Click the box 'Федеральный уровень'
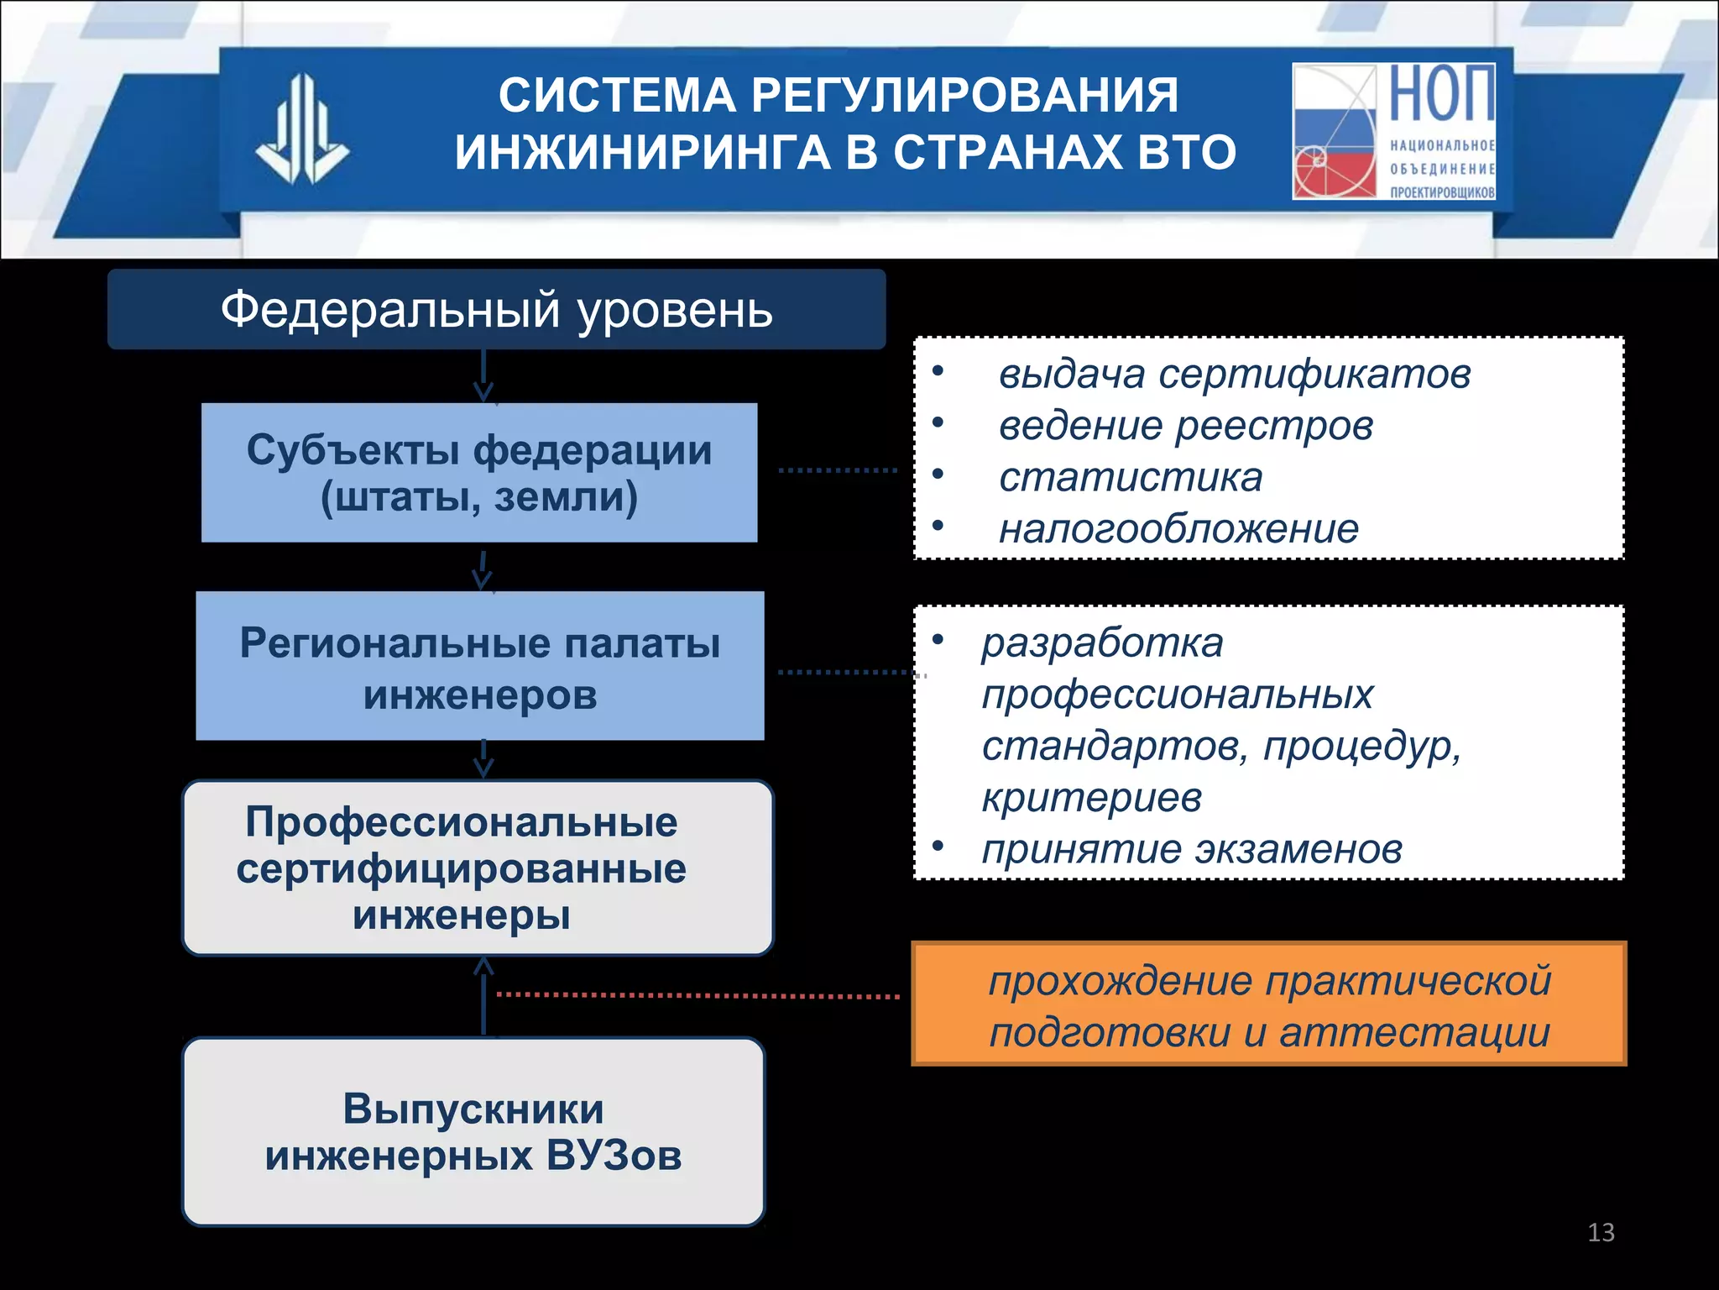[x=496, y=309]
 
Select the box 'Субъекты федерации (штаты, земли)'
[x=479, y=473]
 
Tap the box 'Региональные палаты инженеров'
[x=479, y=666]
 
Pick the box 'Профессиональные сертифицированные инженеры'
[x=478, y=868]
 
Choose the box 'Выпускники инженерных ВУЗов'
[x=473, y=1131]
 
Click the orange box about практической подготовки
[x=1268, y=1004]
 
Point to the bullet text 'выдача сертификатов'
[x=1234, y=374]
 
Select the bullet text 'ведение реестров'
[x=1185, y=426]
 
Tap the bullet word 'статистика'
[x=1130, y=477]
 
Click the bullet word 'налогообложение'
[x=1178, y=529]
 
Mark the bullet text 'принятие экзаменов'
[x=1192, y=849]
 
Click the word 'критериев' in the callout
[x=1091, y=797]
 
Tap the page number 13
[x=1601, y=1232]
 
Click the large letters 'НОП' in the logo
[x=1441, y=94]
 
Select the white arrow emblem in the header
[x=302, y=130]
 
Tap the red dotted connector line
[x=697, y=995]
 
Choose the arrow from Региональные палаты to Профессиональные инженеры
[x=483, y=759]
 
